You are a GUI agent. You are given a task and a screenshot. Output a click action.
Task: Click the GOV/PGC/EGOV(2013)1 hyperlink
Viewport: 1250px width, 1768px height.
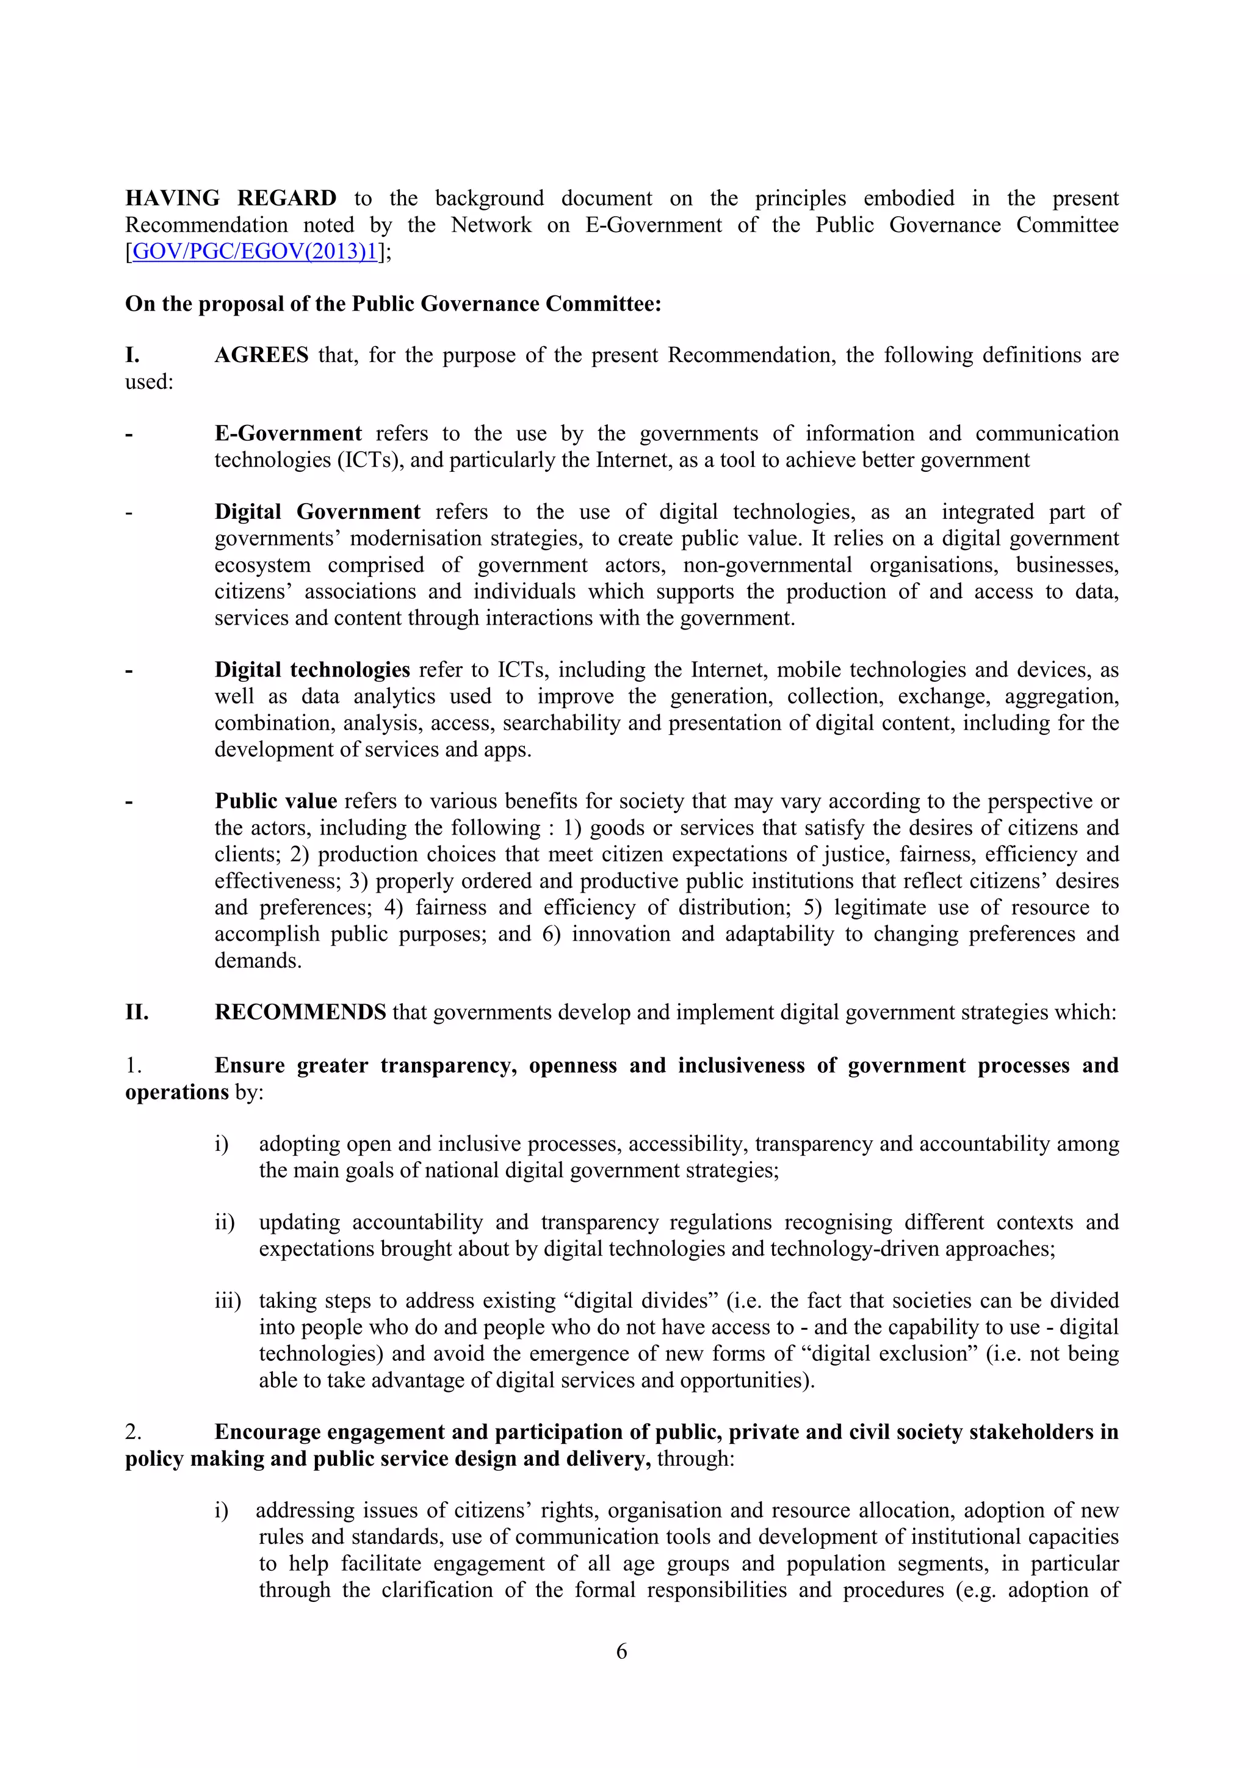(x=255, y=252)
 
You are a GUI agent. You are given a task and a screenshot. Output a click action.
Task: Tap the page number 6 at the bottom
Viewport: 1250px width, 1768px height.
(x=622, y=1650)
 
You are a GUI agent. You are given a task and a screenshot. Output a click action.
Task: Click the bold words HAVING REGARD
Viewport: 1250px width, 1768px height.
(x=230, y=198)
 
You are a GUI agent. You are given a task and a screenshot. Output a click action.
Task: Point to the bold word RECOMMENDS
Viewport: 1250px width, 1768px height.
(x=300, y=1012)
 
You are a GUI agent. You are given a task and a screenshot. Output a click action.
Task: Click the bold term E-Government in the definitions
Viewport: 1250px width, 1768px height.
(x=288, y=433)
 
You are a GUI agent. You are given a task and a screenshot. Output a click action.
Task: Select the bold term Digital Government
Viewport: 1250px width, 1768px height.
(x=317, y=512)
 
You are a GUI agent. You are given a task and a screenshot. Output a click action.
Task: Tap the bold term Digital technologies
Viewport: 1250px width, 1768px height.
(x=312, y=670)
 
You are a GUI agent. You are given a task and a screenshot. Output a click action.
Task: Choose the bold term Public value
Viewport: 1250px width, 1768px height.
(x=275, y=801)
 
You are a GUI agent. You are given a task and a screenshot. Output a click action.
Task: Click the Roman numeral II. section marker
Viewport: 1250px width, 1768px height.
(x=137, y=1012)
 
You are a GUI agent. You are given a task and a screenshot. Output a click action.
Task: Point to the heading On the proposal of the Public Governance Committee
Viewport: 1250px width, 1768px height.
(x=392, y=304)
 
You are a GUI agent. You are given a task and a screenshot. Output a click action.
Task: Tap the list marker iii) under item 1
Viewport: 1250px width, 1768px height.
(x=227, y=1300)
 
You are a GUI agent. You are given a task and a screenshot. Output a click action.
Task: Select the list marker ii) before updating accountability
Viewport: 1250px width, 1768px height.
(x=225, y=1222)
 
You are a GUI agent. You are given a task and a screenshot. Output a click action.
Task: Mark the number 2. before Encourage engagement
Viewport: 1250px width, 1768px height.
(x=133, y=1432)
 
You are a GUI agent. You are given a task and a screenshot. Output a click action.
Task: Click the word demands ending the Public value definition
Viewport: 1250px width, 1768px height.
(x=257, y=960)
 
